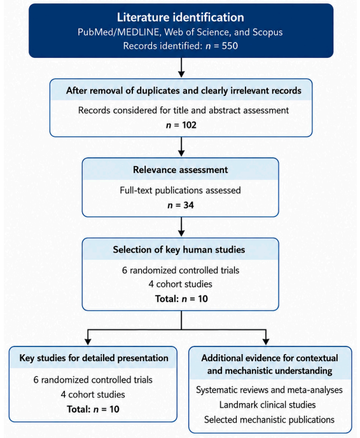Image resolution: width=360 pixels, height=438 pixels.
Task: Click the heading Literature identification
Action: coord(180,17)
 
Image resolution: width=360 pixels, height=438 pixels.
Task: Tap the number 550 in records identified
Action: coord(230,46)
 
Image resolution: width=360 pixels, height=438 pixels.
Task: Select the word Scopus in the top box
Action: coord(268,32)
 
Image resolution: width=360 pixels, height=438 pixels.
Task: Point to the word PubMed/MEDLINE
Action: coord(118,32)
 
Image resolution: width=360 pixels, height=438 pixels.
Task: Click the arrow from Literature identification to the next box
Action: coord(181,67)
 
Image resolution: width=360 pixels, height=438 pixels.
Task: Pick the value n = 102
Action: coord(181,125)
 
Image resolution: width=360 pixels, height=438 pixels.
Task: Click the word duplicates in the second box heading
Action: coord(158,90)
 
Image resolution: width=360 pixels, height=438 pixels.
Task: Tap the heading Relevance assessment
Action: coord(180,170)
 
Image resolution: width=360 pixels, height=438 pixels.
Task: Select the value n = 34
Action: coord(181,205)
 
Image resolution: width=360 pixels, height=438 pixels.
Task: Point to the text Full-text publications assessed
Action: coord(180,190)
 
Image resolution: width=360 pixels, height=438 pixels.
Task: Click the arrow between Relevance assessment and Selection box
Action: coord(181,226)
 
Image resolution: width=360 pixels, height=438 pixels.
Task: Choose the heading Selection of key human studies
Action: coord(179,249)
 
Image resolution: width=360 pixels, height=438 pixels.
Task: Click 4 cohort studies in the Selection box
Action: coord(180,284)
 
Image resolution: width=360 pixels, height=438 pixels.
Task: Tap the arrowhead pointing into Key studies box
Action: coord(88,341)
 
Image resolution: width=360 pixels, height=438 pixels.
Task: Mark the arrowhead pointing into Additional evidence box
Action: coord(266,341)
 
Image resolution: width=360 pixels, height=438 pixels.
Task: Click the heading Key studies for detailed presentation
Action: coord(93,358)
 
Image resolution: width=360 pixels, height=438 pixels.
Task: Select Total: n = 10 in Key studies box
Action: coord(93,409)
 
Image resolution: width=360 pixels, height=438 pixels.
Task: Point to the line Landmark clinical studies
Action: coord(268,405)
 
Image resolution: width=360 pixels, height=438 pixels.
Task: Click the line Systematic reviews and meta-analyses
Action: coord(269,390)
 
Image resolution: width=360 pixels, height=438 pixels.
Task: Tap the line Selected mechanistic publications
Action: coord(269,420)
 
